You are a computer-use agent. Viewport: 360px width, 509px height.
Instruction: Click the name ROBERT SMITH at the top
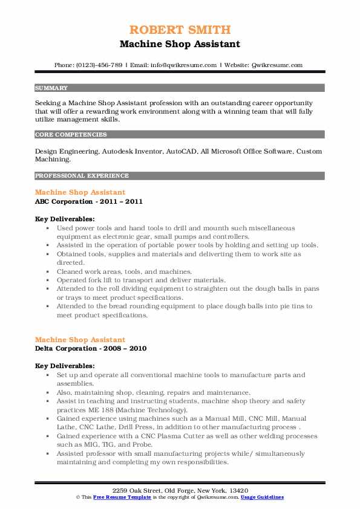click(180, 30)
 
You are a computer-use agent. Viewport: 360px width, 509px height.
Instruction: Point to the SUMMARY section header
click(51, 88)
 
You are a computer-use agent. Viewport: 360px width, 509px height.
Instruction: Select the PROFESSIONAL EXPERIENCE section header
click(82, 176)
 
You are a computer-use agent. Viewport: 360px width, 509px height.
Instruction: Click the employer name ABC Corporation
click(63, 201)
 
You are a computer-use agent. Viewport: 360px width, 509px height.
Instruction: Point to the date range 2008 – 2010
click(123, 349)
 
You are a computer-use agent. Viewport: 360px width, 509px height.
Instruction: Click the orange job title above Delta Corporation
click(80, 340)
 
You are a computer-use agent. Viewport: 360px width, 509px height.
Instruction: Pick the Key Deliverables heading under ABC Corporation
click(64, 219)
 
